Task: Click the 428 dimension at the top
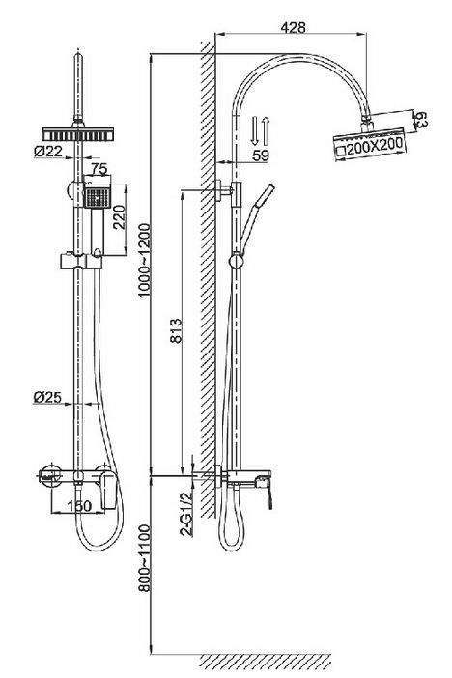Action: [293, 27]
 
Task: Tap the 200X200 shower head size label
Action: [375, 147]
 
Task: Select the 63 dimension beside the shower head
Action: [420, 120]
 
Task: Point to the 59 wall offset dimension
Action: [261, 155]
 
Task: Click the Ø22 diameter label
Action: [48, 151]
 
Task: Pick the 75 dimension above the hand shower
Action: [99, 169]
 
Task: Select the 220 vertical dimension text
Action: [119, 216]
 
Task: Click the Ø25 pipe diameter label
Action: [47, 397]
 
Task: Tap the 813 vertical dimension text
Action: [176, 330]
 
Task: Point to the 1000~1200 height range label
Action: [144, 260]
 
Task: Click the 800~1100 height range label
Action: [144, 558]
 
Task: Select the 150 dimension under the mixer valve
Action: [79, 505]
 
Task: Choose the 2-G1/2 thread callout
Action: [186, 514]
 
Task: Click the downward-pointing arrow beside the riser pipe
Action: [254, 130]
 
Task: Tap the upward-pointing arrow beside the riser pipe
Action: [266, 130]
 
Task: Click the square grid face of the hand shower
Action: [97, 197]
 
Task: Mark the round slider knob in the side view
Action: [237, 261]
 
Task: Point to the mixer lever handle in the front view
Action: [109, 490]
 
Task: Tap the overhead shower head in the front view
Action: [78, 134]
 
